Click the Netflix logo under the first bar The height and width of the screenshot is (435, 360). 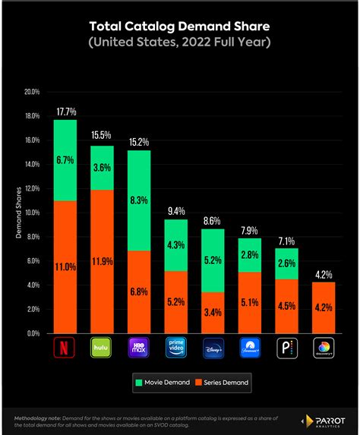point(65,348)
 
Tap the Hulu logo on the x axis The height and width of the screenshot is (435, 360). point(102,348)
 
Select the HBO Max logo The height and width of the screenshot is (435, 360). point(139,348)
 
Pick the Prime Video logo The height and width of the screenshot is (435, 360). point(176,348)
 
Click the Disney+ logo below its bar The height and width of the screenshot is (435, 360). point(213,348)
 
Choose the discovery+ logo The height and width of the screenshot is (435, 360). point(325,348)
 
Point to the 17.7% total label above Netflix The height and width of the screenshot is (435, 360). point(65,112)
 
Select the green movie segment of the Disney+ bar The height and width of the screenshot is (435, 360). point(213,260)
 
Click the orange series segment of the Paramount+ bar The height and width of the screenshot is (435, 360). point(251,302)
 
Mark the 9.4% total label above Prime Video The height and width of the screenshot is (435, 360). point(176,212)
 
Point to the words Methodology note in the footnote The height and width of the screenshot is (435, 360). point(38,417)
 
